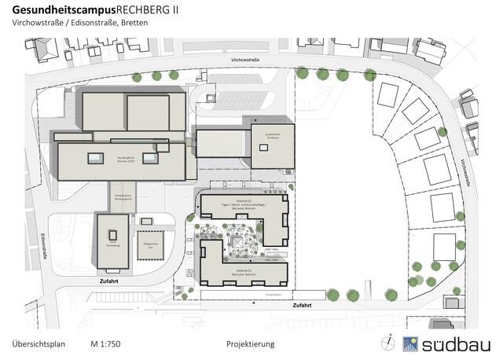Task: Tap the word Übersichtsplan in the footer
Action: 39,344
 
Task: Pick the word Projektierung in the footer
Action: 250,344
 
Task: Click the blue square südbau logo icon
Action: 409,343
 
